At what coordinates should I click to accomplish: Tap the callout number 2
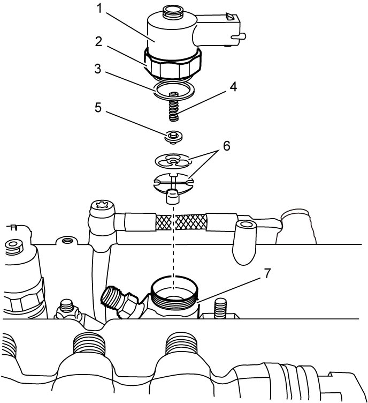(x=98, y=42)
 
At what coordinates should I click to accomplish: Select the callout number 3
(x=98, y=69)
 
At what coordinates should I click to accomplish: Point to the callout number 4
(x=233, y=87)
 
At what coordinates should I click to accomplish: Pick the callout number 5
(x=98, y=107)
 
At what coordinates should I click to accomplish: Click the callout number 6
(x=226, y=146)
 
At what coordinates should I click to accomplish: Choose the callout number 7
(x=267, y=273)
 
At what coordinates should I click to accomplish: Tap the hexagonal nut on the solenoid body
(x=173, y=64)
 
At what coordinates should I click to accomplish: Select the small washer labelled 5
(x=174, y=137)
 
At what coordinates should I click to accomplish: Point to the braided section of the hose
(x=180, y=221)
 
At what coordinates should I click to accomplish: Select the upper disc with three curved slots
(x=173, y=161)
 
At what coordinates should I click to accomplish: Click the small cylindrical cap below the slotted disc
(x=173, y=196)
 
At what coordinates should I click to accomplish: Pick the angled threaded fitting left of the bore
(x=119, y=301)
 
